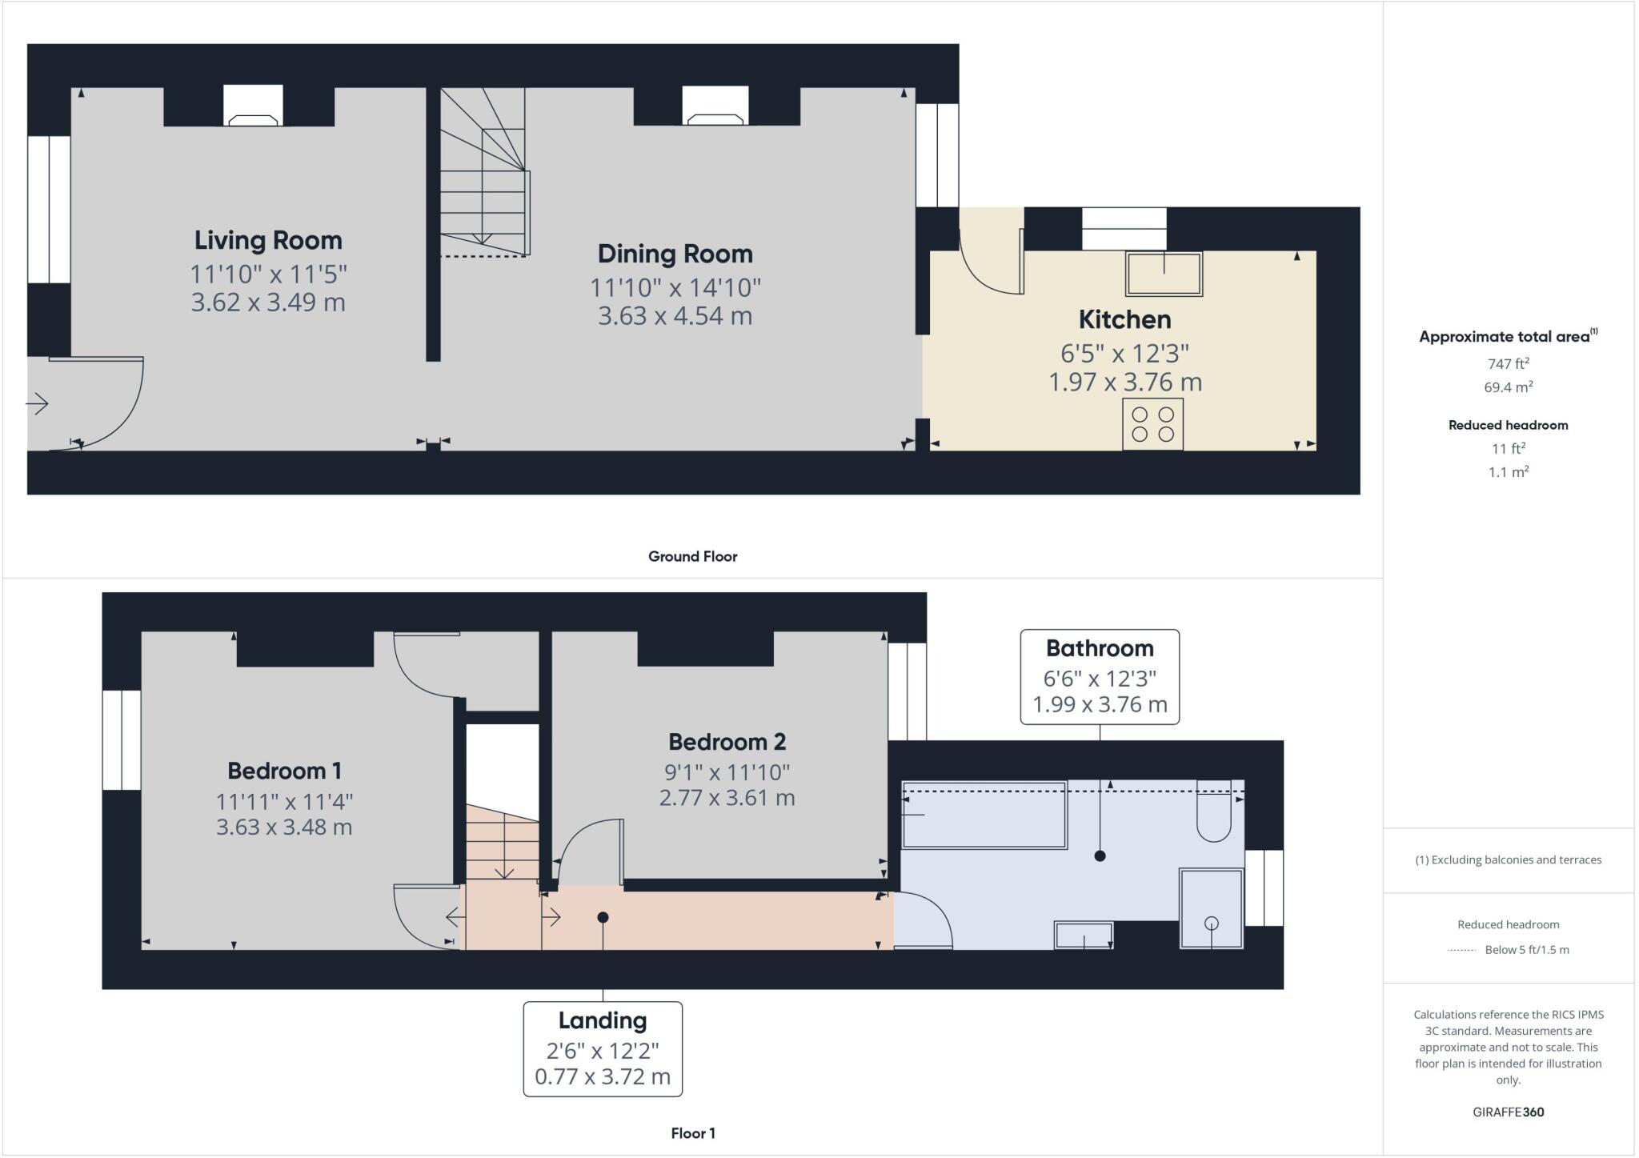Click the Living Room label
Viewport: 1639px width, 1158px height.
point(268,240)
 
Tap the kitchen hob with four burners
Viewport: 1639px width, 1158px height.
point(1152,424)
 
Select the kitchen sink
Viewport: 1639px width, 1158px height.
point(1164,274)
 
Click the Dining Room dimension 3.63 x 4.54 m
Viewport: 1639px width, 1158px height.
point(675,316)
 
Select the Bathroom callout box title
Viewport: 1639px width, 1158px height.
point(1099,648)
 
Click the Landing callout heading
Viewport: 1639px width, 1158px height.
point(602,1020)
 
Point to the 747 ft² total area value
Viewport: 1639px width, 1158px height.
point(1508,364)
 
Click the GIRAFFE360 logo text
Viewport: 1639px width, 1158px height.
point(1508,1112)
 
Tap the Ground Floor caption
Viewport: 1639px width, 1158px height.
point(692,556)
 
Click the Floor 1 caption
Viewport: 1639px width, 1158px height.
point(692,1133)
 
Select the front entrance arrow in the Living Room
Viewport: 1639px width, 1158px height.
point(38,404)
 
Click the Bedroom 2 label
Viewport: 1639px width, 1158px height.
point(727,742)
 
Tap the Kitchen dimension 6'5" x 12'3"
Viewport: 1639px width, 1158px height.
point(1124,353)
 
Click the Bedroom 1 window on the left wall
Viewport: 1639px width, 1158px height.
point(122,739)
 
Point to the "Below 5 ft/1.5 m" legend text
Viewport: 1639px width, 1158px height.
point(1526,950)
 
